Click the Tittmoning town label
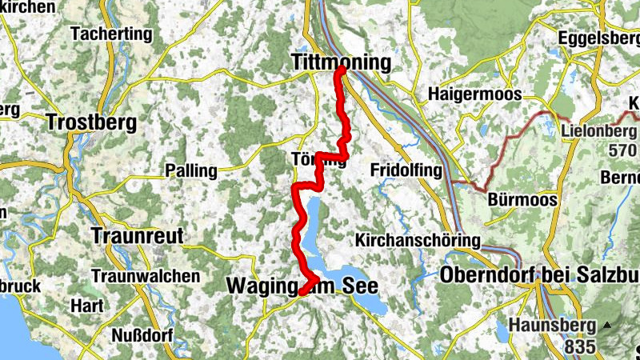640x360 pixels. [342, 62]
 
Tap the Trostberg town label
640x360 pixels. [92, 123]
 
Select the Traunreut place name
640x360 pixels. [138, 236]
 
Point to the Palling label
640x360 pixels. [190, 170]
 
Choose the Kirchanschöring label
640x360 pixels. [418, 240]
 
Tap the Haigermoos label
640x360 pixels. [474, 94]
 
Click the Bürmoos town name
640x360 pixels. [522, 200]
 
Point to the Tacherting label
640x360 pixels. [111, 34]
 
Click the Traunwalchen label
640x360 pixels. [145, 275]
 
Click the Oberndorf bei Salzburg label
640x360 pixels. [539, 275]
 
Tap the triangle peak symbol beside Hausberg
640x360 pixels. [607, 325]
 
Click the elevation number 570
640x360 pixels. [622, 150]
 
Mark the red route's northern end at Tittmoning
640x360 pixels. [340, 70]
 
